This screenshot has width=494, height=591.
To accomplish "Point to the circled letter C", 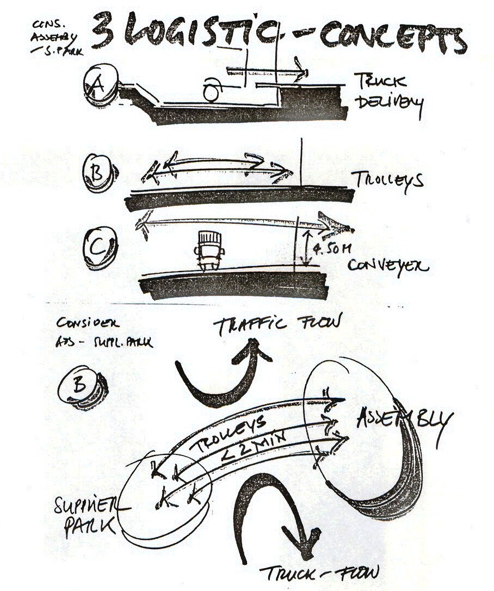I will click(100, 248).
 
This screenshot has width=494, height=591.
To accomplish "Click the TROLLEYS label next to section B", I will click(387, 180).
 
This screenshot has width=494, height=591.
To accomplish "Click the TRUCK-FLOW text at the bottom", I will click(318, 572).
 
